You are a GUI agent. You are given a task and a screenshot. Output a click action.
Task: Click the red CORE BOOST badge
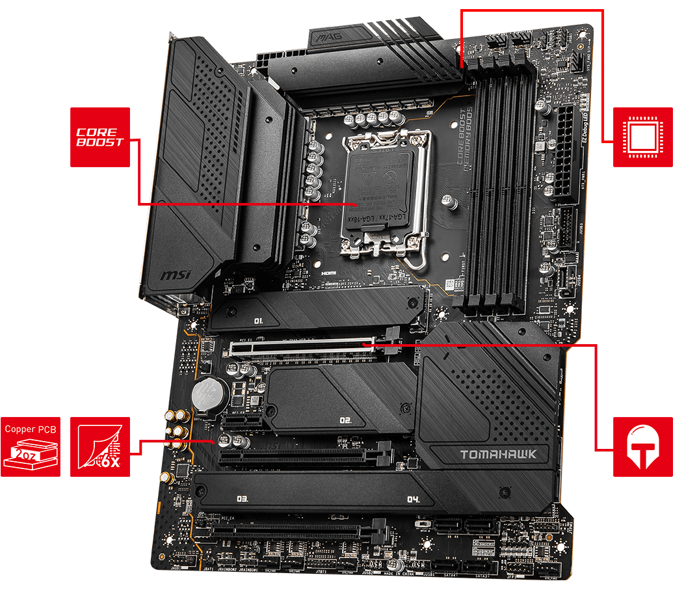pyautogui.click(x=99, y=137)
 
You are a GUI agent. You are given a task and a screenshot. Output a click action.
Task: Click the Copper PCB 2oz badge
pyautogui.click(x=31, y=447)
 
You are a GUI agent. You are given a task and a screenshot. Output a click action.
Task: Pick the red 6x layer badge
pyautogui.click(x=99, y=447)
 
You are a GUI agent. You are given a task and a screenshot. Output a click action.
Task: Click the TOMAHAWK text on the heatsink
pyautogui.click(x=499, y=455)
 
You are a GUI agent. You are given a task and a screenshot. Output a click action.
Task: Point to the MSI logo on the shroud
pyautogui.click(x=176, y=276)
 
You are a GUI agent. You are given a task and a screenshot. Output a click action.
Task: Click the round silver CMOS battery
pyautogui.click(x=208, y=394)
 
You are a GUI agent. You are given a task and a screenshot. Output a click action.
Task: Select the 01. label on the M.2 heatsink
pyautogui.click(x=258, y=321)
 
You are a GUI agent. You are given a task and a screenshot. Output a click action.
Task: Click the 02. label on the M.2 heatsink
pyautogui.click(x=345, y=420)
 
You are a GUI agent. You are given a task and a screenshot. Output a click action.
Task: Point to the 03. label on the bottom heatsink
pyautogui.click(x=243, y=499)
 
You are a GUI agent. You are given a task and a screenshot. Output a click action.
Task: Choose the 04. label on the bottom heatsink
pyautogui.click(x=412, y=500)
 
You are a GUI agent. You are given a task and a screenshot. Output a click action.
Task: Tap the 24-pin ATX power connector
pyautogui.click(x=564, y=153)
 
